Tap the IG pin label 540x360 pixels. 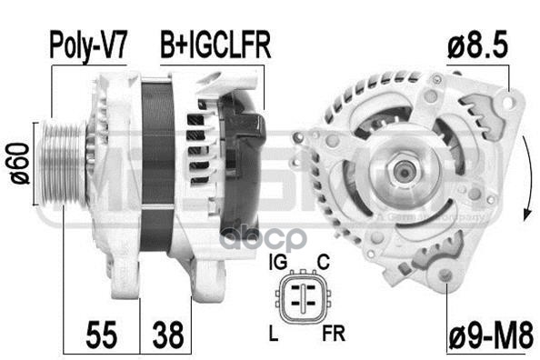279,265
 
